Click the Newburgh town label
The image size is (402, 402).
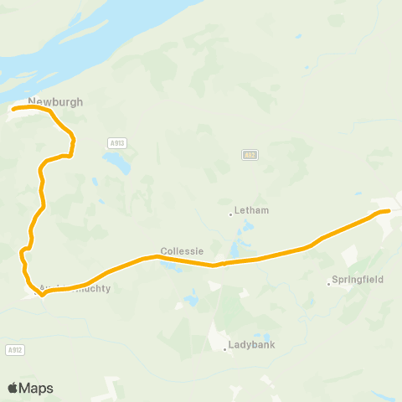(x=55, y=101)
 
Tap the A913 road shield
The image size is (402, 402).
(x=116, y=143)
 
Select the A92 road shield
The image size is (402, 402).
(x=249, y=155)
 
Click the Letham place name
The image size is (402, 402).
(x=252, y=210)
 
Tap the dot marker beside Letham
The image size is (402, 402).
(x=230, y=214)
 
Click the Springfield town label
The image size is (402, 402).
(x=358, y=279)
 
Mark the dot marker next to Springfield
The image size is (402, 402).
(x=328, y=283)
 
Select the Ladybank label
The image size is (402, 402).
(x=252, y=344)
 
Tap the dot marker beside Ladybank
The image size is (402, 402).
(x=225, y=349)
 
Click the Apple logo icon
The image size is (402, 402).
(x=13, y=388)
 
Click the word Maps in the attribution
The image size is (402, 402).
(x=36, y=388)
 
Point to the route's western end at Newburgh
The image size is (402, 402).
(x=13, y=108)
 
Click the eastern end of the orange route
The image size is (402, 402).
(x=389, y=211)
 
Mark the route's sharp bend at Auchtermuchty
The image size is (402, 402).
(x=41, y=294)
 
